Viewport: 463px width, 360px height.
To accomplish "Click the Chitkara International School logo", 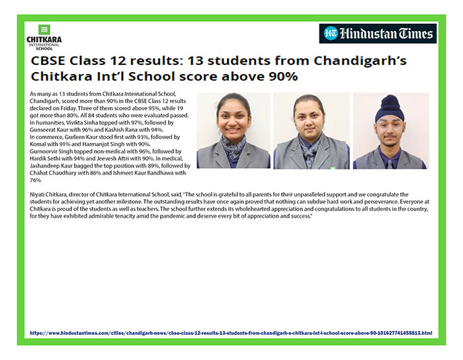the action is pyautogui.click(x=44, y=38).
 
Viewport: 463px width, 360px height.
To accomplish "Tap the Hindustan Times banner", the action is pyautogui.click(x=378, y=34).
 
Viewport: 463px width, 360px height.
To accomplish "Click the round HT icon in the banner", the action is pyautogui.click(x=331, y=33).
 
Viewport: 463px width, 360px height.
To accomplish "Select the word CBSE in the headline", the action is pyautogui.click(x=47, y=61).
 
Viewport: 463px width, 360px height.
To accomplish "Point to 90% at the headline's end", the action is pyautogui.click(x=283, y=77).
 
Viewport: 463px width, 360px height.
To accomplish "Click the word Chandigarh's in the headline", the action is pyautogui.click(x=360, y=62).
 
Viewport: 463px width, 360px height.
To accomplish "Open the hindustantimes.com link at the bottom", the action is pyautogui.click(x=231, y=333).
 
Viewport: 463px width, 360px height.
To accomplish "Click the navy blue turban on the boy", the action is pyautogui.click(x=390, y=108).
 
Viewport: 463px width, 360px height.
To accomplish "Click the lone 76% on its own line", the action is pyautogui.click(x=35, y=180).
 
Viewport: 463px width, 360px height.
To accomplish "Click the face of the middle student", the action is pyautogui.click(x=309, y=118).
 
